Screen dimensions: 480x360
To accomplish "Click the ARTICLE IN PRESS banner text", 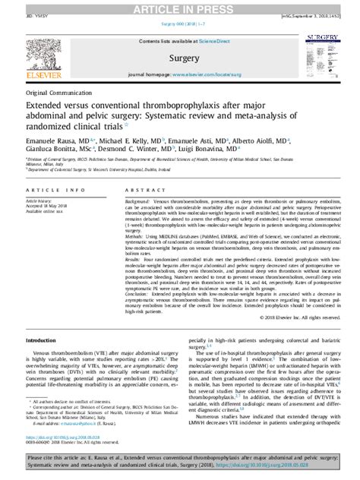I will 180,8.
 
